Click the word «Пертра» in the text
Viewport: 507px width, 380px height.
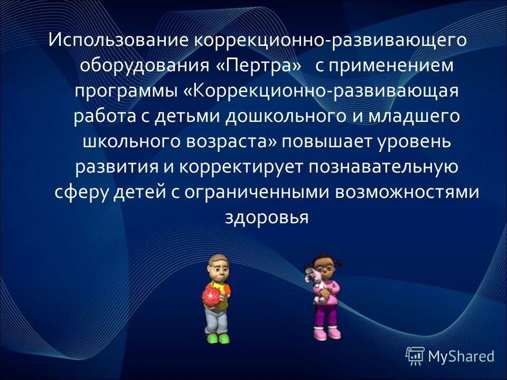259,66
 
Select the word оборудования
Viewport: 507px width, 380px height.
145,66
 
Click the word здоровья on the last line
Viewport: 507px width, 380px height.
266,217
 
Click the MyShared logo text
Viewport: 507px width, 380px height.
461,356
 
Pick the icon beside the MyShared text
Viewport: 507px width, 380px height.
415,356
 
